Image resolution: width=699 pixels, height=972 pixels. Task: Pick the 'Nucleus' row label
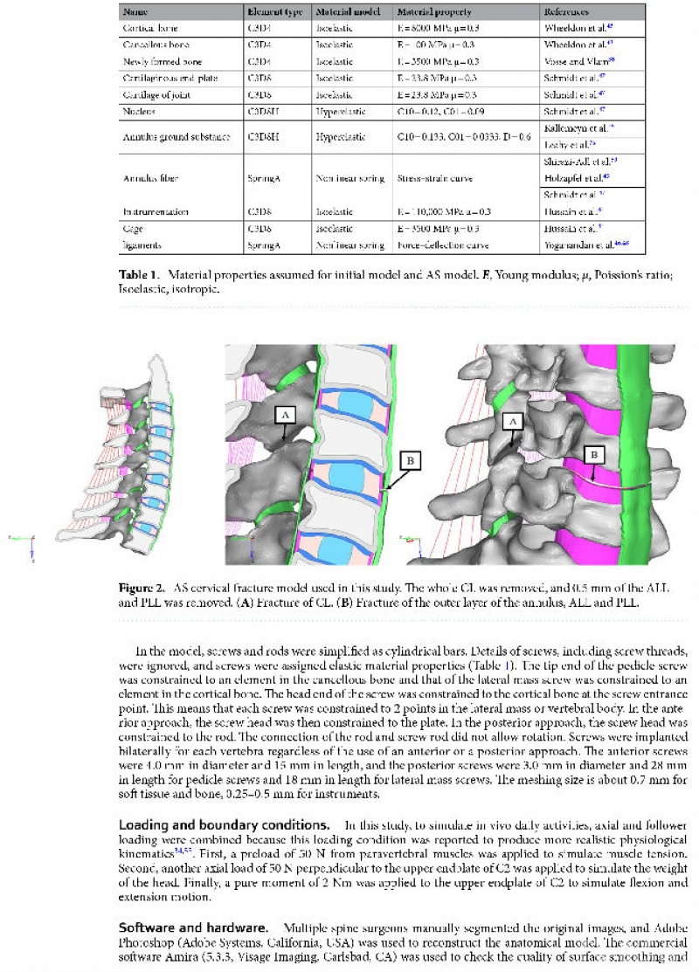click(x=137, y=111)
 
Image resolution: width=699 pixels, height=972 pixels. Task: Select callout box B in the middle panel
click(x=410, y=458)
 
